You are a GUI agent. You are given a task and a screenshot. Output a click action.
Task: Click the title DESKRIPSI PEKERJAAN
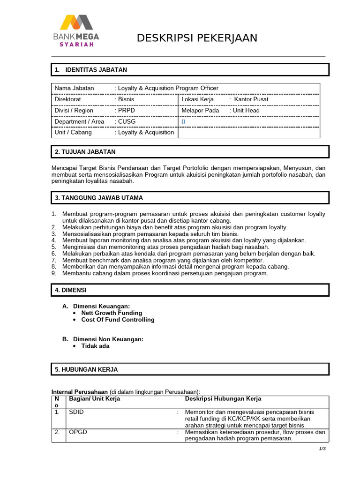pos(197,38)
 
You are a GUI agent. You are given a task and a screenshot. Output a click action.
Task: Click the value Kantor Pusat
pos(251,99)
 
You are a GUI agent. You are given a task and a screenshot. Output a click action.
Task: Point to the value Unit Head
pos(246,111)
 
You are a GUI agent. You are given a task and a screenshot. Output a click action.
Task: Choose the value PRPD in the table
pos(126,111)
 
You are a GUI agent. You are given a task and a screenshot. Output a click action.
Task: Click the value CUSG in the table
pos(126,121)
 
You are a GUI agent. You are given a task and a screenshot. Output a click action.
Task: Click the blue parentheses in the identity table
pos(183,121)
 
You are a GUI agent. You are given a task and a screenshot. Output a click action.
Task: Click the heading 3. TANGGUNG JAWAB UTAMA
pos(102,198)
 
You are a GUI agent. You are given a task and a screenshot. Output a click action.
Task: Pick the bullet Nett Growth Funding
pos(112,313)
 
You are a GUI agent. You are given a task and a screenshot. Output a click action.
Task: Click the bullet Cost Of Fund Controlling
pos(118,320)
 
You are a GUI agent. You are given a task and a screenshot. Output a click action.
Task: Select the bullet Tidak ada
pos(95,346)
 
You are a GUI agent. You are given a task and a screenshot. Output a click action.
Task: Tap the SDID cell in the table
pos(76,412)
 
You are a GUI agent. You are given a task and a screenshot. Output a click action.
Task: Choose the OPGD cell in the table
pos(78,432)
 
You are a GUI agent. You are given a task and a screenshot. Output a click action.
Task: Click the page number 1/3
pos(322,449)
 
